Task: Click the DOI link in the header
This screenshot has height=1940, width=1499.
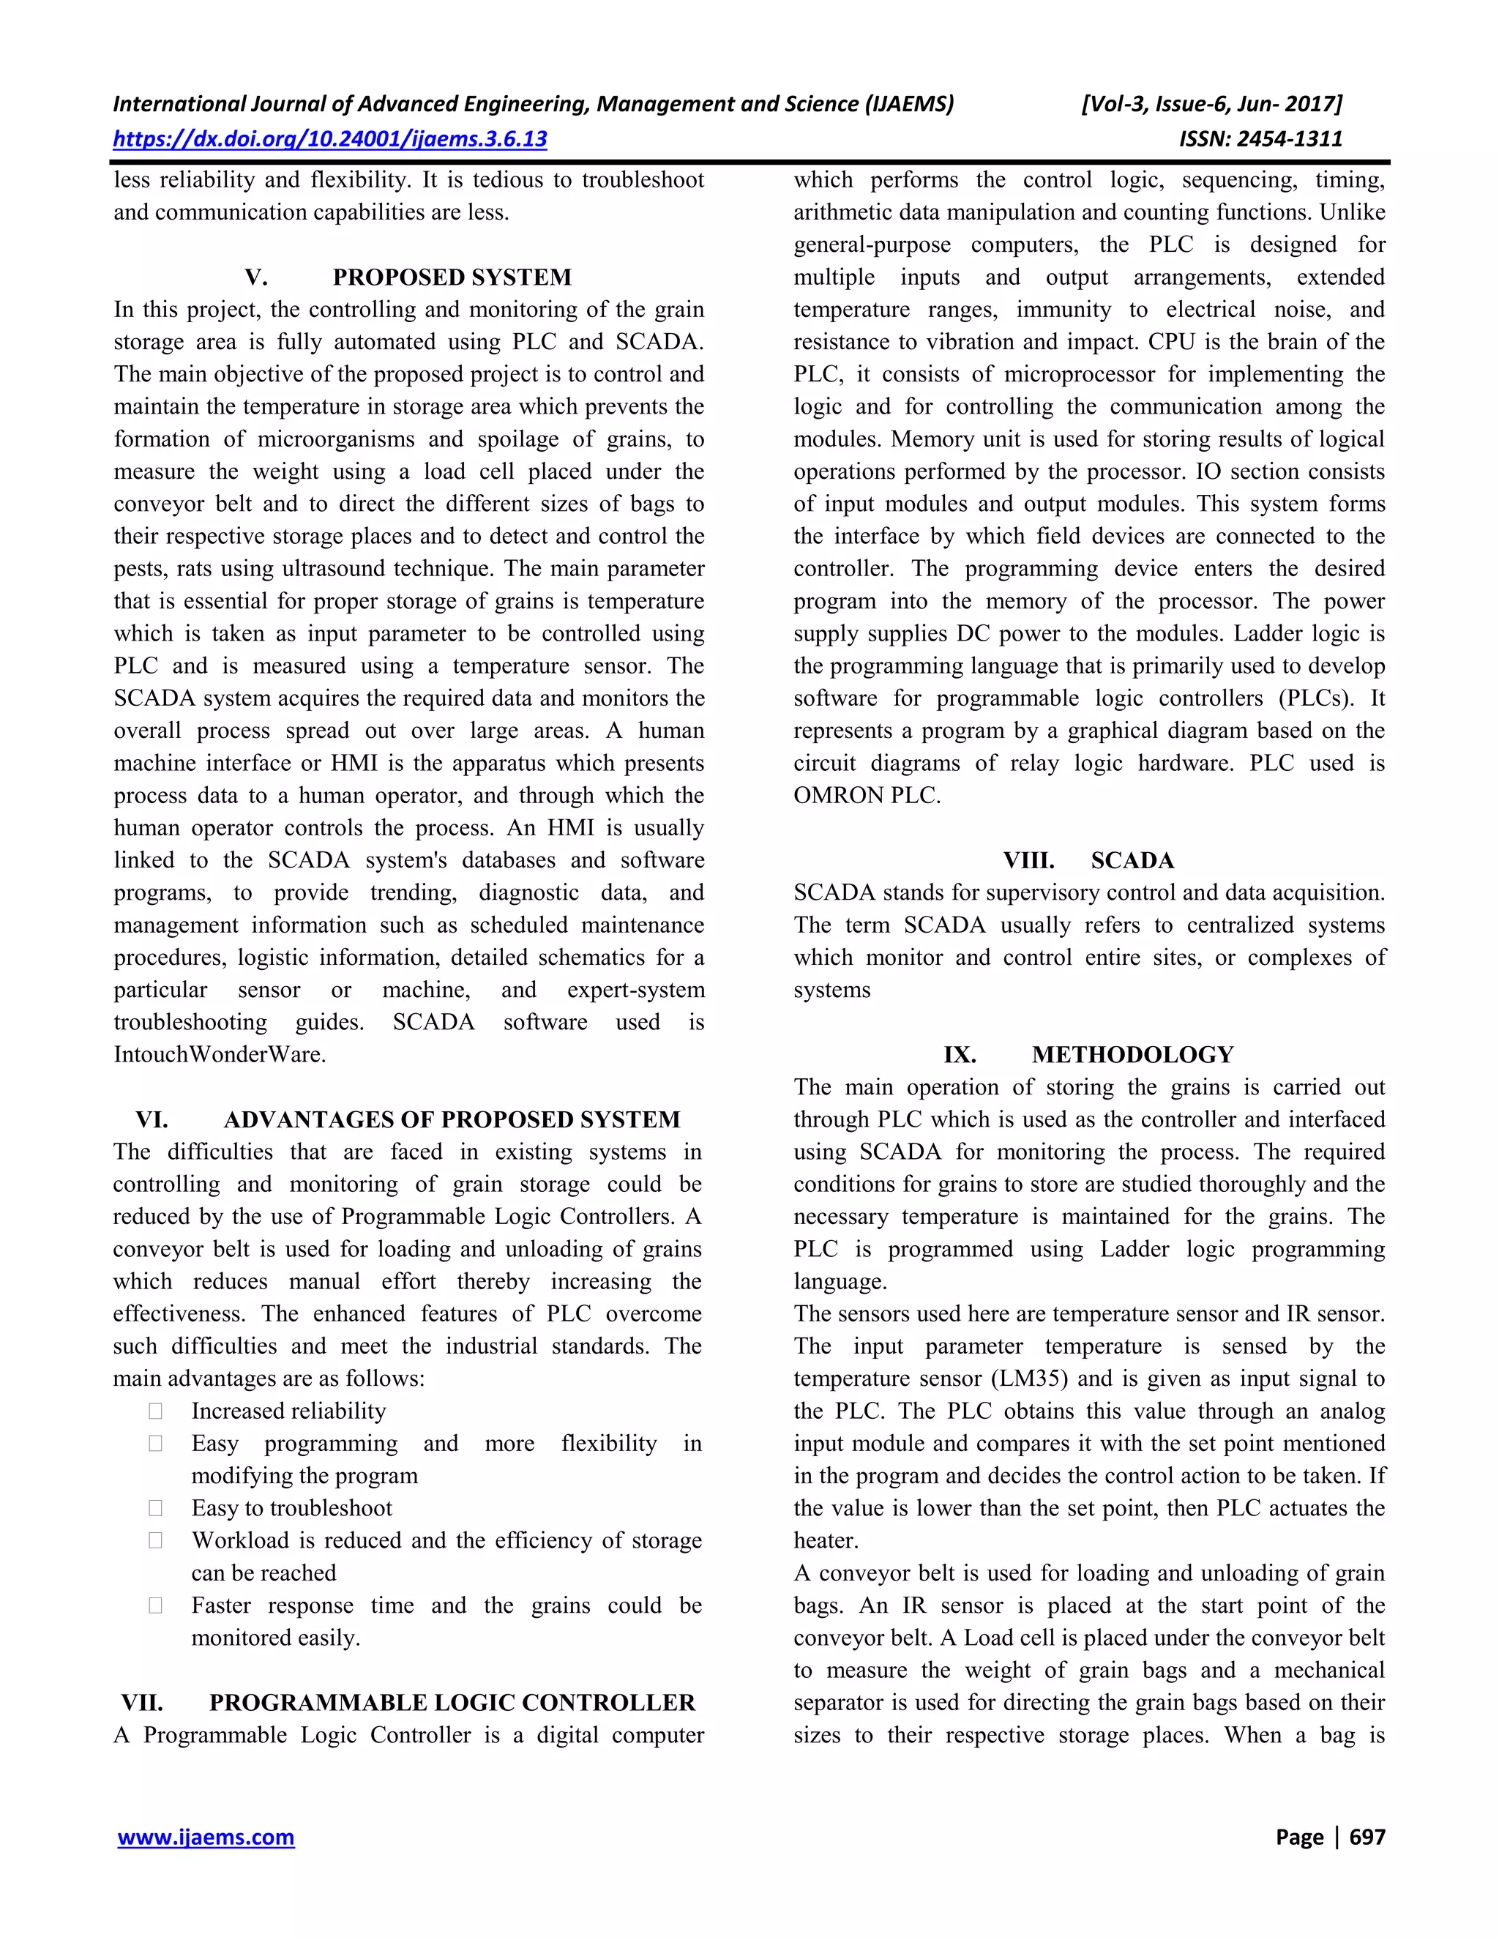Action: point(329,138)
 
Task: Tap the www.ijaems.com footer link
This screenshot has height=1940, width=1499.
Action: point(206,1837)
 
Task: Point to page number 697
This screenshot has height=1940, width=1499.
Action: point(1367,1837)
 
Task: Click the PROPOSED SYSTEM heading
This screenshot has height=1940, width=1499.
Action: point(452,277)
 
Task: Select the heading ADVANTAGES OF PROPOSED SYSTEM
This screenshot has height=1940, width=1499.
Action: point(452,1119)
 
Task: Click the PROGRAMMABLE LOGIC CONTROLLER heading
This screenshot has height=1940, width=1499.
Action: point(452,1702)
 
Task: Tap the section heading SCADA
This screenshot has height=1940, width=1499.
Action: point(1132,860)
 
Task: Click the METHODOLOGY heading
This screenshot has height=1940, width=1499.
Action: point(1132,1054)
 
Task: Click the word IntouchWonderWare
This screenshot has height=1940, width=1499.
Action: point(220,1054)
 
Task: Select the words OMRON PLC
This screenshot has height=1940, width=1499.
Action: point(867,795)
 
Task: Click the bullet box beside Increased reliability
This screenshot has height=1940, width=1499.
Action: point(155,1411)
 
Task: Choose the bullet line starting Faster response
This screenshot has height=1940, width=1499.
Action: point(446,1605)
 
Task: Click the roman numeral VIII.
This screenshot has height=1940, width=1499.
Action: point(1028,860)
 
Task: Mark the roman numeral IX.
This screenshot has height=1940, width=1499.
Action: point(960,1054)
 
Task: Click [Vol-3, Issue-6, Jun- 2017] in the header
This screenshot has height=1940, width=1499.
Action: point(1211,104)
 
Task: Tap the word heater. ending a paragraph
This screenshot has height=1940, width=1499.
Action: point(826,1540)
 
